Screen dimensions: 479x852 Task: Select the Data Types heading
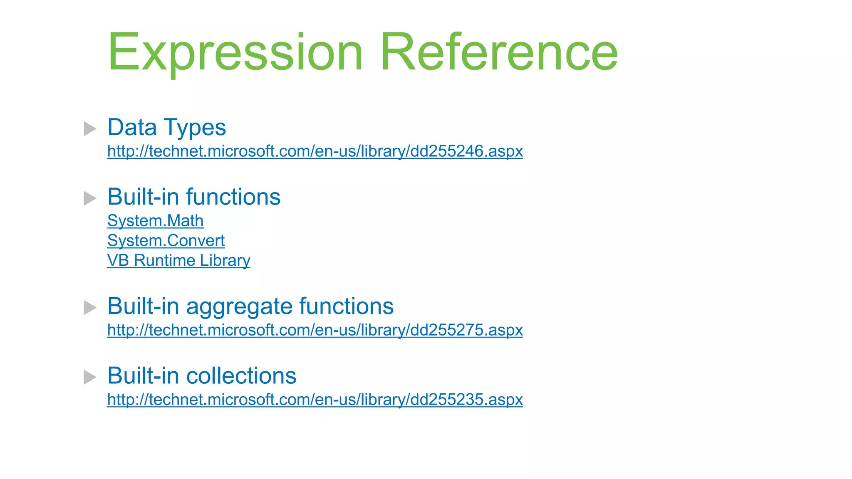pyautogui.click(x=166, y=127)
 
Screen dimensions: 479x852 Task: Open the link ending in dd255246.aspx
pyautogui.click(x=315, y=151)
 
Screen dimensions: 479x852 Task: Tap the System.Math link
pyautogui.click(x=155, y=221)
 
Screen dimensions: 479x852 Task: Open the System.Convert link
pyautogui.click(x=166, y=241)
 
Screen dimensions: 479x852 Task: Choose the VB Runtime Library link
pyautogui.click(x=178, y=261)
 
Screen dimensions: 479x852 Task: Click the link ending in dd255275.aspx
pyautogui.click(x=315, y=330)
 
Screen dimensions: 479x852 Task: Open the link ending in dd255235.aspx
pyautogui.click(x=315, y=400)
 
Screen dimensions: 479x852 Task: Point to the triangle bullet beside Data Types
pyautogui.click(x=89, y=128)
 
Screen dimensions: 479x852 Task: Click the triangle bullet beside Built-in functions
pyautogui.click(x=89, y=198)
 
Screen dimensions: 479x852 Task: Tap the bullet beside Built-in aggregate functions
pyautogui.click(x=89, y=308)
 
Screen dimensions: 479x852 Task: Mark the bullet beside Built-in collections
pyautogui.click(x=89, y=377)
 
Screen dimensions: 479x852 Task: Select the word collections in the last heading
pyautogui.click(x=241, y=376)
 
